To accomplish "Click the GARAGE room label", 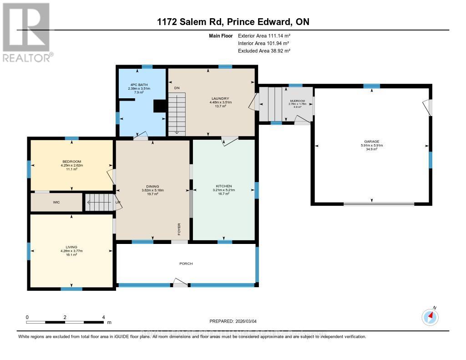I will click(x=371, y=142).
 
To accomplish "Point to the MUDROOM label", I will click(x=297, y=101).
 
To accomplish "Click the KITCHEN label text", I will click(x=223, y=186).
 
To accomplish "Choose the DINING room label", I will click(x=152, y=186).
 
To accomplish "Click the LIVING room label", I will click(x=71, y=247).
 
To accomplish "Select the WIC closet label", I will click(x=56, y=203).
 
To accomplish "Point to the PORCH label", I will click(x=186, y=264).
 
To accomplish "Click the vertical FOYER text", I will click(x=179, y=228).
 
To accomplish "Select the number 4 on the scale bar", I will click(x=103, y=317).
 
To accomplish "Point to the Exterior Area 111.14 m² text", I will click(x=264, y=35).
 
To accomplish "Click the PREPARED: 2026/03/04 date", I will click(x=233, y=321).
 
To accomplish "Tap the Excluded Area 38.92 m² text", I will click(x=264, y=51).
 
